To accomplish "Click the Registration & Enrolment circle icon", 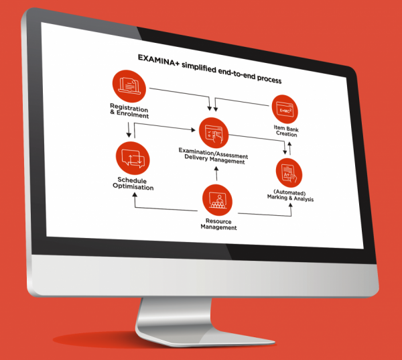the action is (x=129, y=86).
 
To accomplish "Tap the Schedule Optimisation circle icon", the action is (x=133, y=158).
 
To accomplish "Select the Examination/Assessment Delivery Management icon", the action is (x=214, y=133).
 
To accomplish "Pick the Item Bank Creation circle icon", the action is (x=285, y=109).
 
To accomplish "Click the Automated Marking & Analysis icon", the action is (x=289, y=173).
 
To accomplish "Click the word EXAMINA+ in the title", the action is (x=159, y=60).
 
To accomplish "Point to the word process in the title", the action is (x=269, y=78).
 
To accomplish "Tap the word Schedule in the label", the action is (x=132, y=180).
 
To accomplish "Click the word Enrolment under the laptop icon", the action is (x=133, y=115).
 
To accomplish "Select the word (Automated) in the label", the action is (x=289, y=192).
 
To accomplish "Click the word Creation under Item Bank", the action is (x=286, y=133).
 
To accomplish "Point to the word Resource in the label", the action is (x=218, y=221).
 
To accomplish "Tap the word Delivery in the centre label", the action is (x=196, y=157).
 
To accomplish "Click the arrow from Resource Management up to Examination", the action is (x=216, y=174).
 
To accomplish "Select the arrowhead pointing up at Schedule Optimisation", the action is (x=135, y=195).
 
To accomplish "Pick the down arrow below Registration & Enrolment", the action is (x=129, y=130).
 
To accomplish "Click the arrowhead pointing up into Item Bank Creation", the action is (x=289, y=143).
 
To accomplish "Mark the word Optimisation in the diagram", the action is (x=133, y=186).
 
